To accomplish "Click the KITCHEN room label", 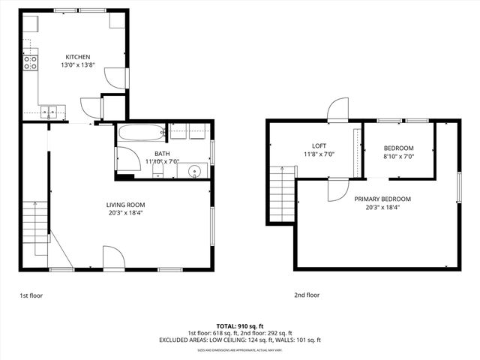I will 77,57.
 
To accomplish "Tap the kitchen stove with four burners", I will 31,63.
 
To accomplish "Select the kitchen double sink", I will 49,112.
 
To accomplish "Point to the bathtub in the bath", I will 141,133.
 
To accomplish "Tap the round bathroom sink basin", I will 195,171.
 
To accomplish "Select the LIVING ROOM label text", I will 125,205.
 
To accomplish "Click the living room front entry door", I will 114,259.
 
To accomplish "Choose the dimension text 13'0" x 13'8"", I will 77,66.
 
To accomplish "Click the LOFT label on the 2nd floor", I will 319,145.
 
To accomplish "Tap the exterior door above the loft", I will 338,111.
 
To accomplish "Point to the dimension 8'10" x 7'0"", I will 398,157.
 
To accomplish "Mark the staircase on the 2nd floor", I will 282,195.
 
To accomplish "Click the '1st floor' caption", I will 31,295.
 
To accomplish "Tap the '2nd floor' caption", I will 306,295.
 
